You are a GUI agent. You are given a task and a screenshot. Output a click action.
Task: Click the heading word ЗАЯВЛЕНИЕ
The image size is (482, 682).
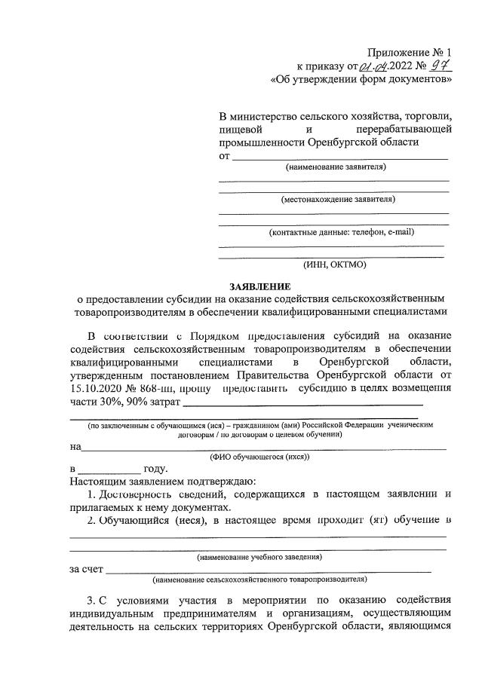click(x=259, y=286)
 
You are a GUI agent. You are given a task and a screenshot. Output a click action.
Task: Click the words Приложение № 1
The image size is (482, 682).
click(x=409, y=52)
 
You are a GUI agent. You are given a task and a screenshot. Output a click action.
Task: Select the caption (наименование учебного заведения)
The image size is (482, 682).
click(x=259, y=557)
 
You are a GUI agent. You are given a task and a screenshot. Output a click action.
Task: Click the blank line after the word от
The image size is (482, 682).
click(x=339, y=158)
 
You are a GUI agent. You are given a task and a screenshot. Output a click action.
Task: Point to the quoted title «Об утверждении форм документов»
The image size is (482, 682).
click(x=361, y=78)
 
